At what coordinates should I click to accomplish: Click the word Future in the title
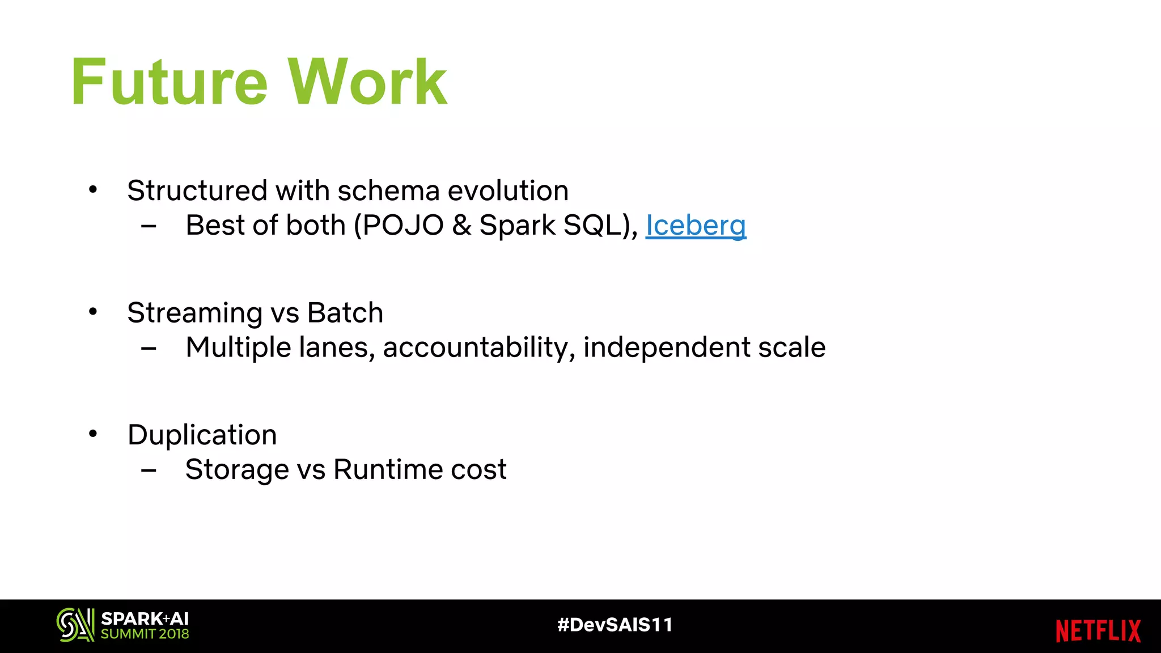click(x=169, y=82)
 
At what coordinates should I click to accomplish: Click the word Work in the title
click(x=367, y=82)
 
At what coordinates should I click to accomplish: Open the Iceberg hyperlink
click(x=696, y=226)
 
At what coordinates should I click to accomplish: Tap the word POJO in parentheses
click(x=403, y=226)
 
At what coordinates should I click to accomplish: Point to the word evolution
click(x=508, y=191)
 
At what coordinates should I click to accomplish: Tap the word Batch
click(x=345, y=313)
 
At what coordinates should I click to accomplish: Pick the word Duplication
click(x=202, y=435)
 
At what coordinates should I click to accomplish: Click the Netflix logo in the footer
click(x=1098, y=631)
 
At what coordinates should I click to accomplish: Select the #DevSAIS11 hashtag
click(x=615, y=625)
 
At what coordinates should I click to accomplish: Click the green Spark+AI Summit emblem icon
click(x=75, y=625)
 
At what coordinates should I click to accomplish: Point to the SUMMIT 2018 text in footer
click(x=145, y=634)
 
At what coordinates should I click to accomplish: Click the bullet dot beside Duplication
click(x=93, y=434)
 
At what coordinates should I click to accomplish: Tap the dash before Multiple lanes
click(x=149, y=349)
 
